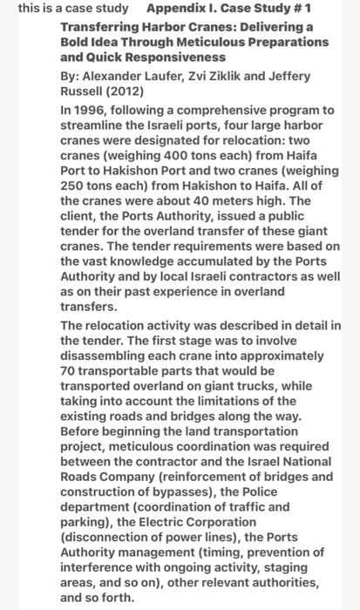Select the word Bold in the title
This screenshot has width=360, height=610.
[x=76, y=42]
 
